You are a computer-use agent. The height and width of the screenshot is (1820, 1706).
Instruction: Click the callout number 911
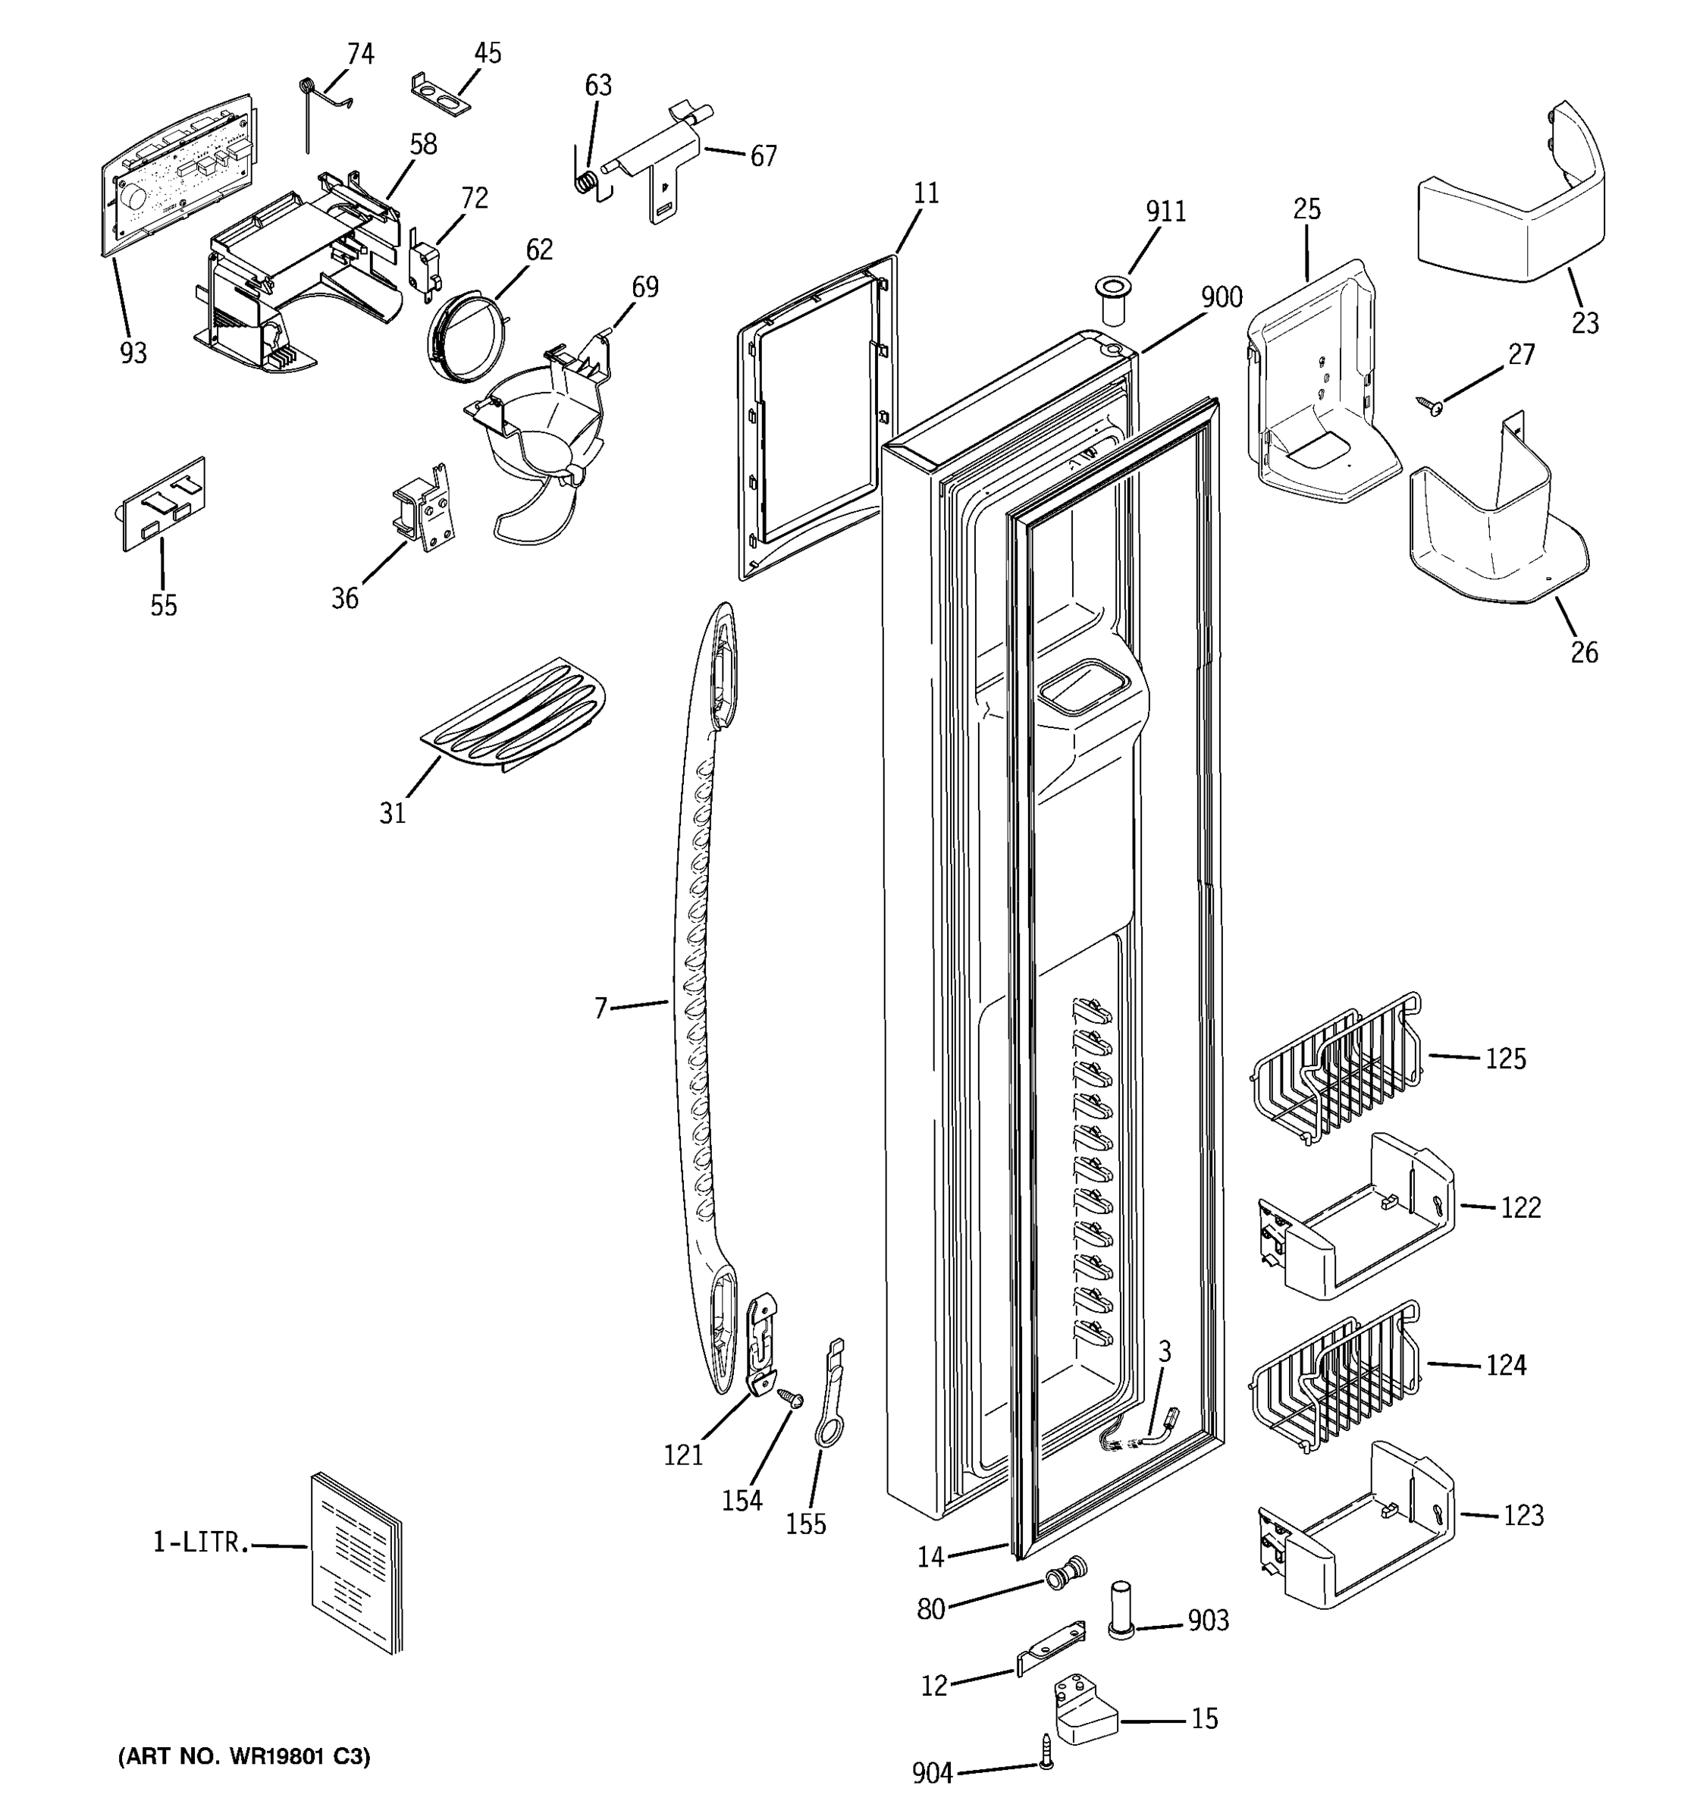click(1165, 212)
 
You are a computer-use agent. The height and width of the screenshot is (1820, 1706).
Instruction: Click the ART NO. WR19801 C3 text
click(244, 1756)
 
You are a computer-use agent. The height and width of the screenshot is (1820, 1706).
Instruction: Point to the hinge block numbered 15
click(1087, 1709)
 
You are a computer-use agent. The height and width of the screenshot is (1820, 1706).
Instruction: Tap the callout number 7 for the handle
click(601, 1009)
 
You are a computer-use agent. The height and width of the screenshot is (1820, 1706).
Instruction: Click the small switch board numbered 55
click(164, 504)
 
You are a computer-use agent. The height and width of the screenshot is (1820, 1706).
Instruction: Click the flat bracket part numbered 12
click(1052, 1647)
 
